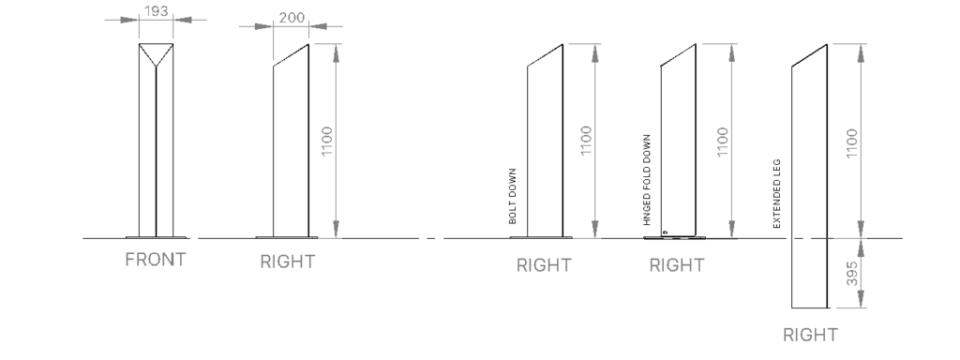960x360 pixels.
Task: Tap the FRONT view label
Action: tap(156, 261)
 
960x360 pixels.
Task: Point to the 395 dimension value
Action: tap(851, 273)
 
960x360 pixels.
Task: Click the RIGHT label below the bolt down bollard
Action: tap(544, 265)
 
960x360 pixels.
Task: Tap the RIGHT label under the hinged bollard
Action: tap(677, 265)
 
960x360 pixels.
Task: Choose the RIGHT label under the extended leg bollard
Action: tap(811, 335)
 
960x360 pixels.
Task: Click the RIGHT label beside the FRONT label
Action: tap(288, 262)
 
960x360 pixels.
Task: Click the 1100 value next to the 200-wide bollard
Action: tap(327, 141)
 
